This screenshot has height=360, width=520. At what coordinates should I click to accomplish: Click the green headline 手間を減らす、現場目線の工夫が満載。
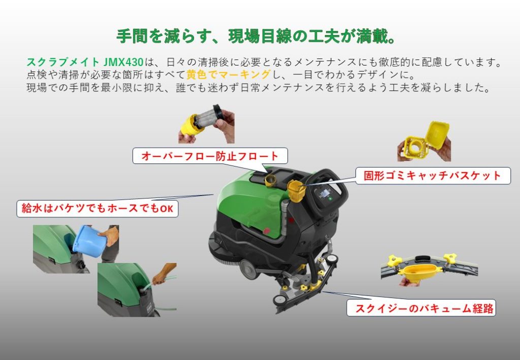pyautogui.click(x=256, y=36)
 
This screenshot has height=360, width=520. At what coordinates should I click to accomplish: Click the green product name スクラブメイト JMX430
pyautogui.click(x=85, y=62)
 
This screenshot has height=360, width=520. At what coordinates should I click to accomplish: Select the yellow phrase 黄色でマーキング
pyautogui.click(x=229, y=75)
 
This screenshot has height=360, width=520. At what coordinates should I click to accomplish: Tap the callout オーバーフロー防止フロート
pyautogui.click(x=210, y=156)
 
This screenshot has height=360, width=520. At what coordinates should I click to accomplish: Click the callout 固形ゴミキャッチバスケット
pyautogui.click(x=433, y=175)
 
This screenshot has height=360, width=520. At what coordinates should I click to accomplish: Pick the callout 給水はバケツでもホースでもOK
pyautogui.click(x=97, y=209)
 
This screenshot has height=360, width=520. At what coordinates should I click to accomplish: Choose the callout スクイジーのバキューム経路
pyautogui.click(x=421, y=308)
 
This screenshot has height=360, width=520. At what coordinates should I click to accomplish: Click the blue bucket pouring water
pyautogui.click(x=87, y=241)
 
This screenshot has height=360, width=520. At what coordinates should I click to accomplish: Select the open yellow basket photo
pyautogui.click(x=424, y=142)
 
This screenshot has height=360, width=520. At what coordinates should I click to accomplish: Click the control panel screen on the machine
pyautogui.click(x=323, y=194)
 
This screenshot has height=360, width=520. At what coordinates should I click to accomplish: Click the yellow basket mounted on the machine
pyautogui.click(x=296, y=191)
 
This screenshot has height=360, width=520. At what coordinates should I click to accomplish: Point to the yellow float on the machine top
pyautogui.click(x=270, y=180)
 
